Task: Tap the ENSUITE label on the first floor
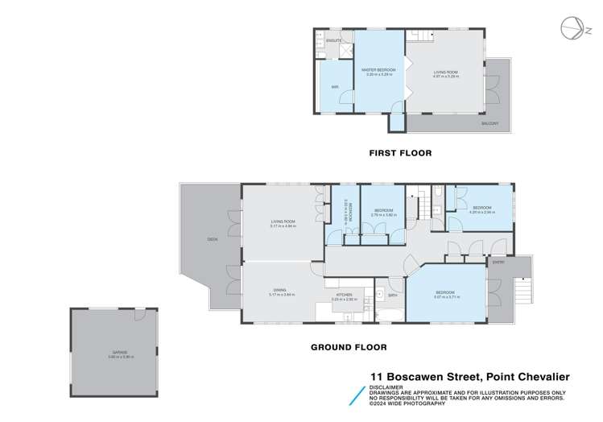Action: [x=334, y=39]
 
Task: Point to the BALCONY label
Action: [x=489, y=123]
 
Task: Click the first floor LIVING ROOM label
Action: [x=445, y=71]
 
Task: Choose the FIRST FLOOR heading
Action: [x=400, y=152]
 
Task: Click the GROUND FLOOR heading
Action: [x=349, y=347]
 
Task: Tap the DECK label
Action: [x=213, y=239]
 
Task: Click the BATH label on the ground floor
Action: [x=392, y=296]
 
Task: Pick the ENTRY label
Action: [x=498, y=263]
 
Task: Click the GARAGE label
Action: [x=120, y=352]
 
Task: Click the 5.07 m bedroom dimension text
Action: [x=445, y=296]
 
